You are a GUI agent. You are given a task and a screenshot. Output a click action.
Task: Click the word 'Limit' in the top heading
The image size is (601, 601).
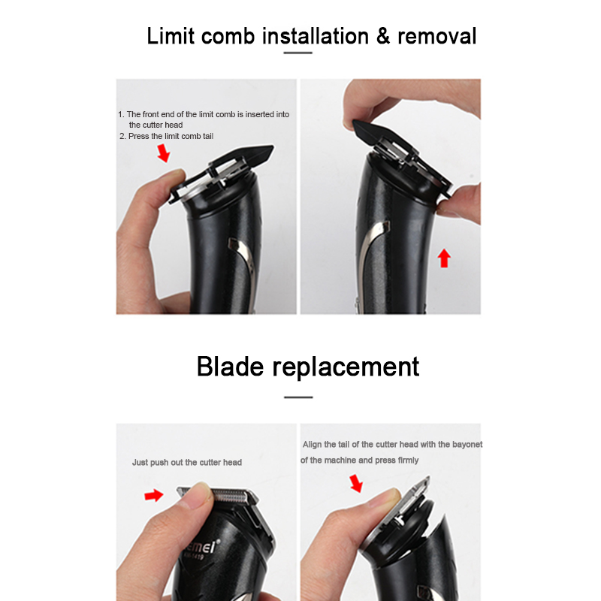point(171,36)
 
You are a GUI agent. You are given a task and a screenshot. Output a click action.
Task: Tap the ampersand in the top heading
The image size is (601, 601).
point(383,36)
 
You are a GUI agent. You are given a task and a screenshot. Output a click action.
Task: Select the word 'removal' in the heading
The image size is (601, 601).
point(437,36)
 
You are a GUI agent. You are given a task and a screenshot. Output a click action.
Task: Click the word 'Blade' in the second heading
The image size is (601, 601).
point(230,367)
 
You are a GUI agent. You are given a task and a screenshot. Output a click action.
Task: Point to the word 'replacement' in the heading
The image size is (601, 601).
point(346,368)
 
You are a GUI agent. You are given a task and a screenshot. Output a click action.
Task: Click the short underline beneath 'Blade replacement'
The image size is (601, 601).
point(298,397)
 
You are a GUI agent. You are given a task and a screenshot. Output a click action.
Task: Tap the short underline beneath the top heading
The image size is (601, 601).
point(297,53)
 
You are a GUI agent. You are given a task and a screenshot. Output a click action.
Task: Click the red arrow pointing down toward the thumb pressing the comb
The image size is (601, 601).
point(164,153)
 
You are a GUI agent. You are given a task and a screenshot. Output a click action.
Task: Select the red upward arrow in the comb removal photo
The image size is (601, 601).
point(444,258)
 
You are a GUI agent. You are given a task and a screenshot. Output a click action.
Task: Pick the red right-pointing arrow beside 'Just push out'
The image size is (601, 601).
point(154,495)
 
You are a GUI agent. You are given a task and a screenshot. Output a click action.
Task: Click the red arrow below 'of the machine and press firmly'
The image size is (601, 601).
point(356,483)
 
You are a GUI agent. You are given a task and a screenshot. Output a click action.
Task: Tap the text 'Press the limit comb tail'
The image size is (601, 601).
point(171,136)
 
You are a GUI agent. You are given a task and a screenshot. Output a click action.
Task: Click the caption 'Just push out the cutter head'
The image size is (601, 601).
point(187,462)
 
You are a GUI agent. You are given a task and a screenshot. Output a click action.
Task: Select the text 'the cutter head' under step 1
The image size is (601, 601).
point(156,125)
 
